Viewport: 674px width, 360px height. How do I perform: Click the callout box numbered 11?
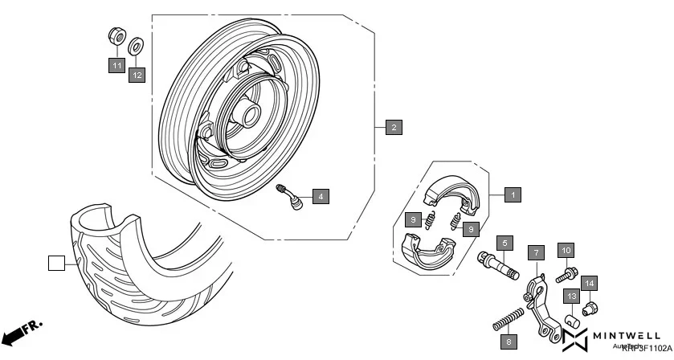point(117,66)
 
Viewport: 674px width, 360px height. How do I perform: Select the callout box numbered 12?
point(137,75)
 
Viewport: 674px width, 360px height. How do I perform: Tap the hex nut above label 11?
point(116,37)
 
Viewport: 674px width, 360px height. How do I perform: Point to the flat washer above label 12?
point(137,43)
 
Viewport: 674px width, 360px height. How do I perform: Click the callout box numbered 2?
point(393,127)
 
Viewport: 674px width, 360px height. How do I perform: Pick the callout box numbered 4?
point(320,195)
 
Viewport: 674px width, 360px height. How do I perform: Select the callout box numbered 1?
point(513,194)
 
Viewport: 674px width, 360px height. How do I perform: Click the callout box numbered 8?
point(508,342)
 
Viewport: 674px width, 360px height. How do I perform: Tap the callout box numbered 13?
point(571,297)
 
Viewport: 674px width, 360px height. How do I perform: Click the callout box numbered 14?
point(590,282)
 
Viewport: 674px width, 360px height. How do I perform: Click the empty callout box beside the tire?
point(55,263)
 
